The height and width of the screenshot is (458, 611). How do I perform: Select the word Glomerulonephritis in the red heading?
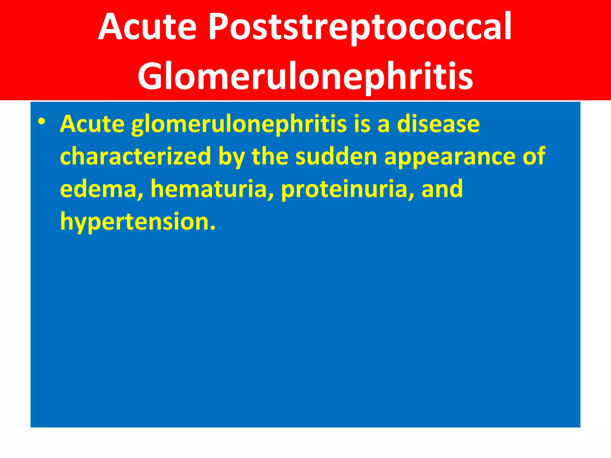(305, 76)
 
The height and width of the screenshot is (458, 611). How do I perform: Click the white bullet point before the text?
(41, 122)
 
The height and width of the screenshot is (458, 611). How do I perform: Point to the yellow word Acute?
(92, 124)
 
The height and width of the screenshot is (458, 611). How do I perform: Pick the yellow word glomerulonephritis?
(239, 124)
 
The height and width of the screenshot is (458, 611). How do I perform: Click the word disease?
(438, 124)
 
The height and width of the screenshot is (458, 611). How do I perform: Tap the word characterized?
(136, 156)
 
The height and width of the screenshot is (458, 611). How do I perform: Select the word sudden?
(336, 156)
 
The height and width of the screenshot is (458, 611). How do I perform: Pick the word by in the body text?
(232, 156)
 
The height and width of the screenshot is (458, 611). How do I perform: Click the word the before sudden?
(270, 156)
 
